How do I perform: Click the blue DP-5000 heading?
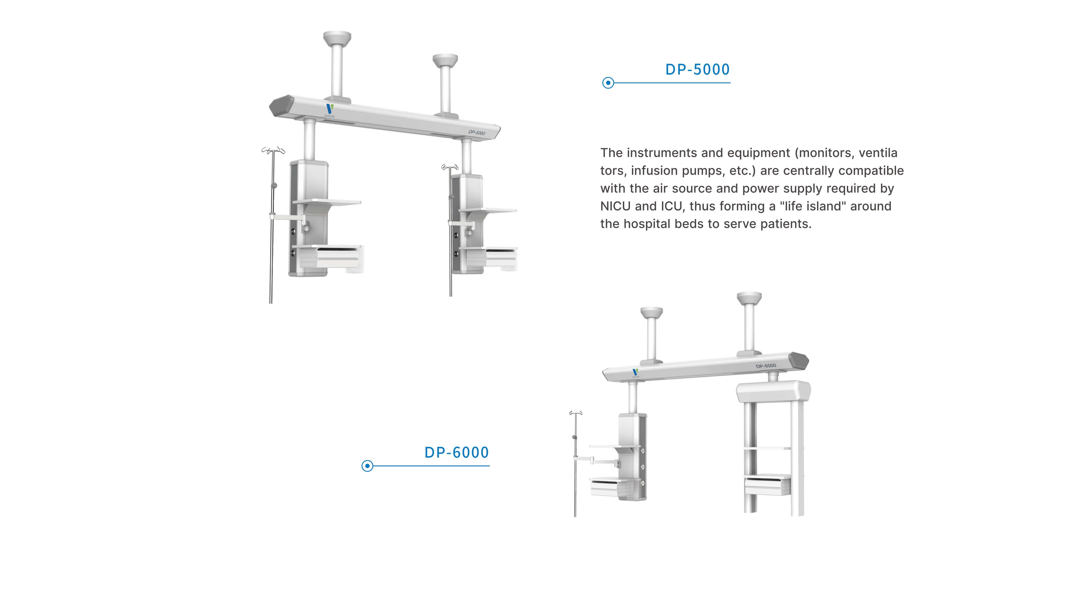coord(697,69)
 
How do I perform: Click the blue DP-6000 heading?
coord(457,453)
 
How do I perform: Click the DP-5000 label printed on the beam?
coord(477,133)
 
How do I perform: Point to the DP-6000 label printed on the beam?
coord(766,366)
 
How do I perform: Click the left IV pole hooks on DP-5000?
coord(273,150)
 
